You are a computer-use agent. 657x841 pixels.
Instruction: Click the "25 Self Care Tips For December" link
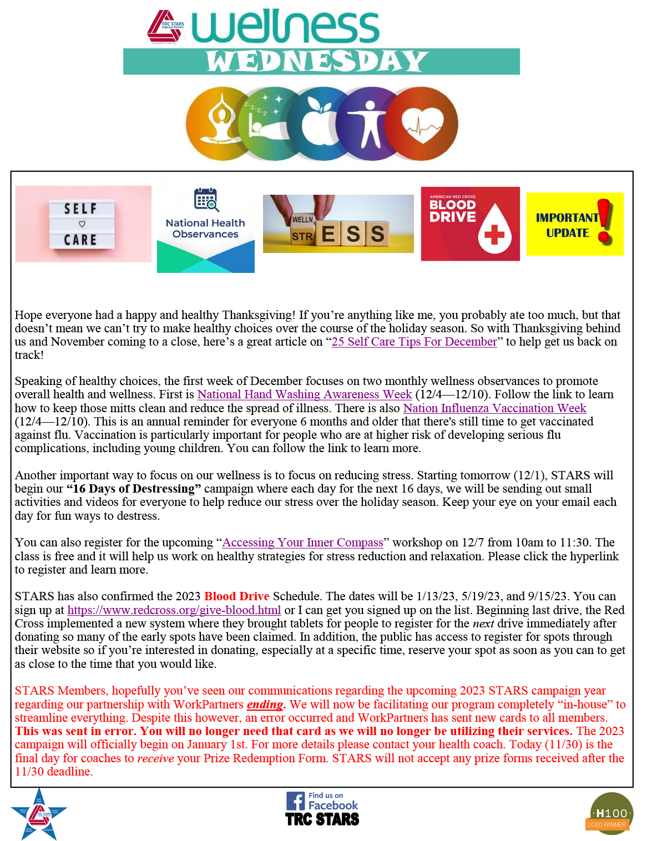pyautogui.click(x=414, y=342)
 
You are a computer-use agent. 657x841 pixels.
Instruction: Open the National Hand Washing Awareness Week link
pyautogui.click(x=304, y=394)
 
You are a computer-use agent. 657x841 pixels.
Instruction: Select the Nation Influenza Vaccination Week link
pyautogui.click(x=494, y=408)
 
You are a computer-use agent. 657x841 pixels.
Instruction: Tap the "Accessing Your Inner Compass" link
pyautogui.click(x=302, y=543)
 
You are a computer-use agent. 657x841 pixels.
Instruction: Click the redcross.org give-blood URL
pyautogui.click(x=174, y=610)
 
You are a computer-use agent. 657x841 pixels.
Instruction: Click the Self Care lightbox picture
pyautogui.click(x=83, y=224)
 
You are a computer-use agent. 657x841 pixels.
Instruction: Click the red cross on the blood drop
pyautogui.click(x=494, y=235)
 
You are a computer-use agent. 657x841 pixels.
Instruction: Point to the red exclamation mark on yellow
pyautogui.click(x=605, y=222)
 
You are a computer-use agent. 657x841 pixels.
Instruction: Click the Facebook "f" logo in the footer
pyautogui.click(x=295, y=801)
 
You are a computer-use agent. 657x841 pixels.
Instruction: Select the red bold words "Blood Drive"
pyautogui.click(x=236, y=596)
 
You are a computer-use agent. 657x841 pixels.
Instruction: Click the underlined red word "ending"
pyautogui.click(x=265, y=705)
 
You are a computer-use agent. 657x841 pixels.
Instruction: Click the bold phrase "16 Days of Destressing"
pyautogui.click(x=134, y=489)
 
